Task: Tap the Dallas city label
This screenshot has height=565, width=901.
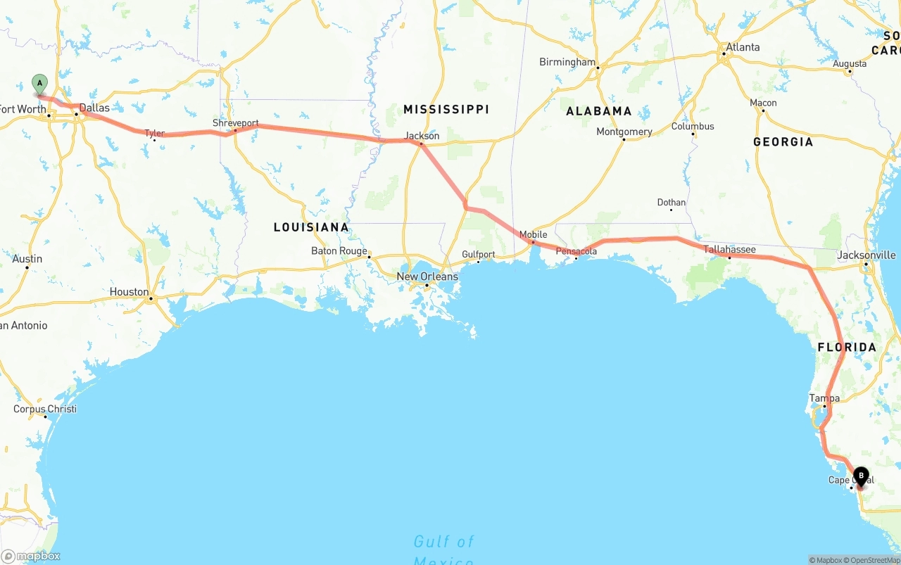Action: tap(94, 108)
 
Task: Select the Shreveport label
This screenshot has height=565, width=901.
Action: tap(236, 123)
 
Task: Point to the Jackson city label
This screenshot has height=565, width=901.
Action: tap(422, 136)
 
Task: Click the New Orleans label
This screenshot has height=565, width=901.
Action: tap(427, 277)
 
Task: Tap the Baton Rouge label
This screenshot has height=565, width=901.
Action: tap(339, 251)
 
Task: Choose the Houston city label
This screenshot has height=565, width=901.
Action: tap(130, 292)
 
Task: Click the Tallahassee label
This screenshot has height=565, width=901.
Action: tap(730, 250)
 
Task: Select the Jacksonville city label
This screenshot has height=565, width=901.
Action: tap(867, 255)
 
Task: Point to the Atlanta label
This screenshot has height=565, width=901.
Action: tap(743, 47)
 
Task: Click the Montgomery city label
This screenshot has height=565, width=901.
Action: tap(624, 132)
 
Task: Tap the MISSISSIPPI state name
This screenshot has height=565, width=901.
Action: tap(446, 109)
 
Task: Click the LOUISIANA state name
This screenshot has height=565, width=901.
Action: tap(311, 227)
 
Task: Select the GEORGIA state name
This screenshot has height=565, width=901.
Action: tap(783, 142)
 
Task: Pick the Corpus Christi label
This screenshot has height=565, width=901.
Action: tap(45, 409)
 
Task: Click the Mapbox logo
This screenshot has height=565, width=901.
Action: tap(31, 556)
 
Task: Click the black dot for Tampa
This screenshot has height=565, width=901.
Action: tap(824, 407)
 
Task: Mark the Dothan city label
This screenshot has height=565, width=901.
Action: tap(671, 203)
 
